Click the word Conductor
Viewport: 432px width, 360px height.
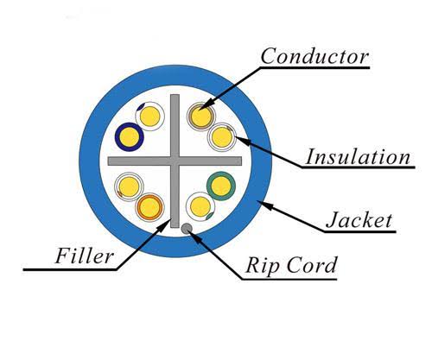coord(314,56)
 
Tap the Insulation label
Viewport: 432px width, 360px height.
coord(358,157)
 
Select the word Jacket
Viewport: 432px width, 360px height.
coord(359,220)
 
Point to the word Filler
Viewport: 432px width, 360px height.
coord(84,256)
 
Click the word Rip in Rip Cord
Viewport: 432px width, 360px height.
coord(262,265)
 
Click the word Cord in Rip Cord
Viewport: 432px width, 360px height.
coord(311,264)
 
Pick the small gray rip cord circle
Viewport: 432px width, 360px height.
coord(187,229)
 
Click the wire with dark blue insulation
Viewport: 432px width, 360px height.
coord(129,136)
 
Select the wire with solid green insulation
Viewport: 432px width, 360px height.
coord(221,186)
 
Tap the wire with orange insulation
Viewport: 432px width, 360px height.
coord(149,207)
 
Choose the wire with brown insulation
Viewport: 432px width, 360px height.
coord(200,117)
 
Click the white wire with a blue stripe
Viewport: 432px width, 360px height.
coord(149,117)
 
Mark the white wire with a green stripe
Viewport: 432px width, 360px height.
coord(200,206)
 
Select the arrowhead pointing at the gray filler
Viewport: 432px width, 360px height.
coord(162,225)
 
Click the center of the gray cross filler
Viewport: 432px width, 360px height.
coord(175,161)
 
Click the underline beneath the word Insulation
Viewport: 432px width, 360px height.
coord(358,167)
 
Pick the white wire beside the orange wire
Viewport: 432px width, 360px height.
coord(129,186)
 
